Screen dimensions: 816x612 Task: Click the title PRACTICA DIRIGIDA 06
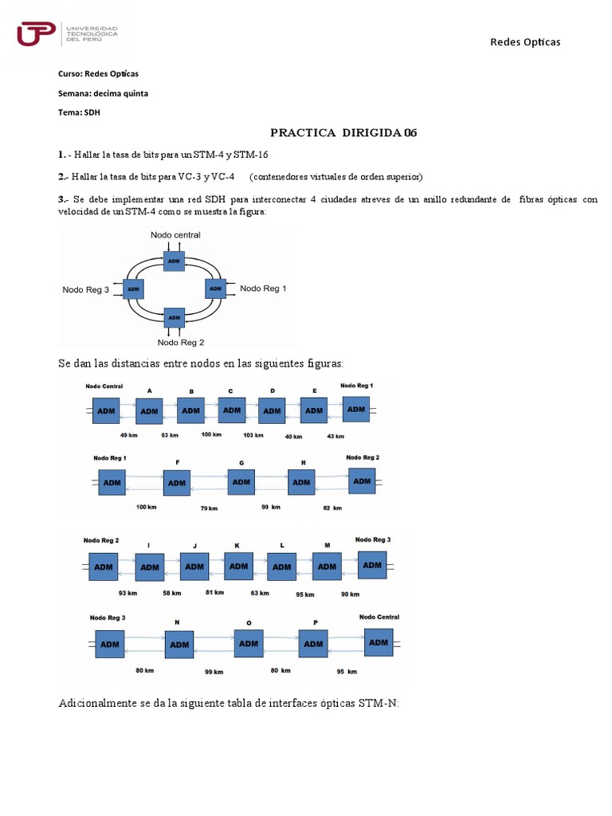point(343,133)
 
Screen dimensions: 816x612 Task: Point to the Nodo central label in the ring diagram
point(175,235)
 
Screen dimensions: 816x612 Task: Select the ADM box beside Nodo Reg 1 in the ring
point(216,288)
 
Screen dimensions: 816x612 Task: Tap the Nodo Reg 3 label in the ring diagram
point(86,290)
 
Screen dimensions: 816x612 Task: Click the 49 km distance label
point(129,436)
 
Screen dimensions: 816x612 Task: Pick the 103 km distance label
point(253,435)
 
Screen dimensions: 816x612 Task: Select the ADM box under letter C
point(232,410)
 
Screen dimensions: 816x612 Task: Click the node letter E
point(315,391)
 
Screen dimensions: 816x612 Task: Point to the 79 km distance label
point(208,508)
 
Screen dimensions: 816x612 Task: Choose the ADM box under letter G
point(241,481)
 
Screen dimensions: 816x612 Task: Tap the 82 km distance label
point(331,508)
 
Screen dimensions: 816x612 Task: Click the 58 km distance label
point(171,593)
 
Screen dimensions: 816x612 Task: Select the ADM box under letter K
point(237,566)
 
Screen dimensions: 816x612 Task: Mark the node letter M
point(327,545)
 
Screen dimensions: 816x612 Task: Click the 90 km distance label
point(350,594)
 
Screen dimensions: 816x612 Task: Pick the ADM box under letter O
point(248,643)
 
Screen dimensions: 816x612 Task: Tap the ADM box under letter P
point(314,643)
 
